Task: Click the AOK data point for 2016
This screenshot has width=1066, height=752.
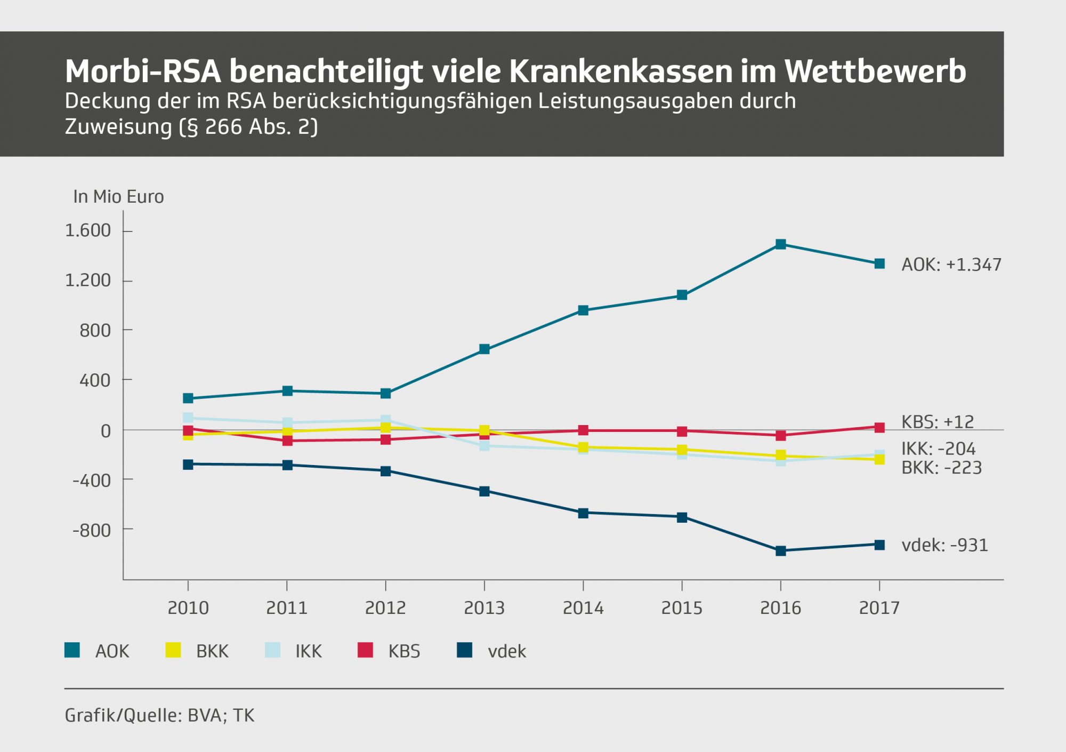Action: pos(780,244)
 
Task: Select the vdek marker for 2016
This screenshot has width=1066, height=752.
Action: pos(780,551)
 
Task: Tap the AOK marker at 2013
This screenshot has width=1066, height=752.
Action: pos(484,349)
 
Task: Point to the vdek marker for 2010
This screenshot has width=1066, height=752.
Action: pos(188,465)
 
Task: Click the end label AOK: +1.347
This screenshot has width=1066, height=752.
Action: pos(951,265)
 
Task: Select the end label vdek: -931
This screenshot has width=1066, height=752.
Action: pos(944,545)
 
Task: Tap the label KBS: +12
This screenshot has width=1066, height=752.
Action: pos(937,422)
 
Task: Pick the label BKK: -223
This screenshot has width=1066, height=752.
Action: pos(941,468)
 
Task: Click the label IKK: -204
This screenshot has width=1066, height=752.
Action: pos(938,449)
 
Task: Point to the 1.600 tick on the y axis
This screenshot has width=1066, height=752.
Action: pos(88,230)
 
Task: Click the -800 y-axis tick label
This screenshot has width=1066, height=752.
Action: pos(92,531)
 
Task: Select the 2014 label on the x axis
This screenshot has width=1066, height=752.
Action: pos(583,608)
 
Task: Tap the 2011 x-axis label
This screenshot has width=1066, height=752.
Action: pos(287,608)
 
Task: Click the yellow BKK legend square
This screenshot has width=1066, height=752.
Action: pos(173,650)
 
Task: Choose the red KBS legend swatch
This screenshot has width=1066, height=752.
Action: pos(365,650)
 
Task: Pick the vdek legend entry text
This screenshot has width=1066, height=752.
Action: pos(506,651)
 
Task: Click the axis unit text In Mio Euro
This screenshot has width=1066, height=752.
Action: pos(118,197)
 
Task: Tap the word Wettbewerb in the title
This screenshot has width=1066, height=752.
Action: pos(875,71)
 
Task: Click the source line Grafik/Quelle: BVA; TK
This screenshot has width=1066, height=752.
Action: pos(159,715)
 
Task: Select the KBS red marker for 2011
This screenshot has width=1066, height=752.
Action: pos(287,441)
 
